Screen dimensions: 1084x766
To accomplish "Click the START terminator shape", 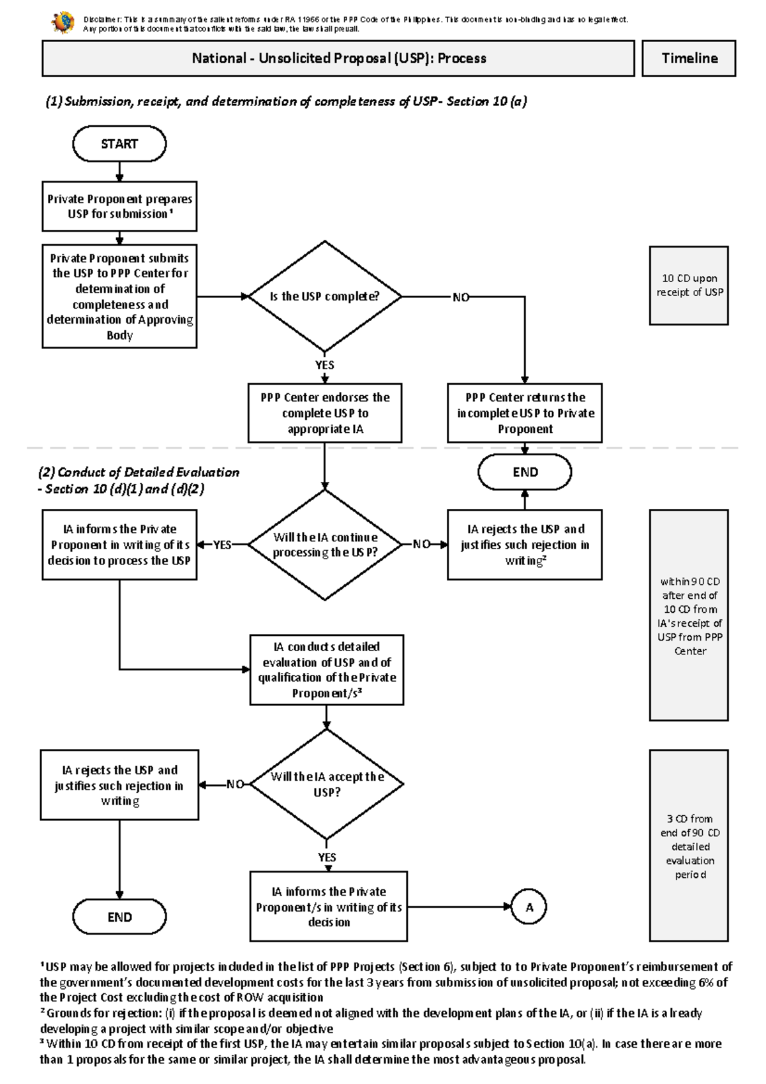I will (119, 144).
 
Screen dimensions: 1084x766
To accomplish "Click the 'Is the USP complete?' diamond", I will (325, 297).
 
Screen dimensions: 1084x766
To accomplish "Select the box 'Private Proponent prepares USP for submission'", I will (119, 206).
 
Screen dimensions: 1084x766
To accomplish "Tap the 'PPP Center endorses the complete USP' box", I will (325, 413).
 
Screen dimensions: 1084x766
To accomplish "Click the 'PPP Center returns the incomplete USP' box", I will (525, 413).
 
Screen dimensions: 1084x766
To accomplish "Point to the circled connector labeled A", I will (529, 907).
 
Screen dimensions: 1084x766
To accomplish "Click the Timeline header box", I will (689, 59).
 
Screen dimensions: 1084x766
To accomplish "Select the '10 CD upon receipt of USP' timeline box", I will (689, 285).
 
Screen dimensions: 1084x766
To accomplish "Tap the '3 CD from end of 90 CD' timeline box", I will (689, 846).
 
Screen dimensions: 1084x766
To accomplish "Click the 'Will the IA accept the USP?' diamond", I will (327, 785).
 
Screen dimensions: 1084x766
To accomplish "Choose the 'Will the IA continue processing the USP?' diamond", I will (325, 545).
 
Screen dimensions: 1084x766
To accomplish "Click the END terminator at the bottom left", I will (119, 917).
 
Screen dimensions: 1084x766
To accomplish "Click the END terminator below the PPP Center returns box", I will (525, 472).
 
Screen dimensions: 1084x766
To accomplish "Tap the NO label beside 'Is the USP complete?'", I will (461, 297).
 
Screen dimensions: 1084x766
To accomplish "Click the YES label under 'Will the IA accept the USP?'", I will (327, 857).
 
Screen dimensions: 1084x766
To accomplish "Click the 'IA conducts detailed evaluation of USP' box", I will (327, 670).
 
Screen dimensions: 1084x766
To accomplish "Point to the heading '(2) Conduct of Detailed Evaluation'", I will (139, 473).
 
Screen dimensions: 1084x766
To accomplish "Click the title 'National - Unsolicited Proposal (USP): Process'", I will (338, 59).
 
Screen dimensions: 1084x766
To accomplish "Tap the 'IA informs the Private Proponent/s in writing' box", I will (329, 907).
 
